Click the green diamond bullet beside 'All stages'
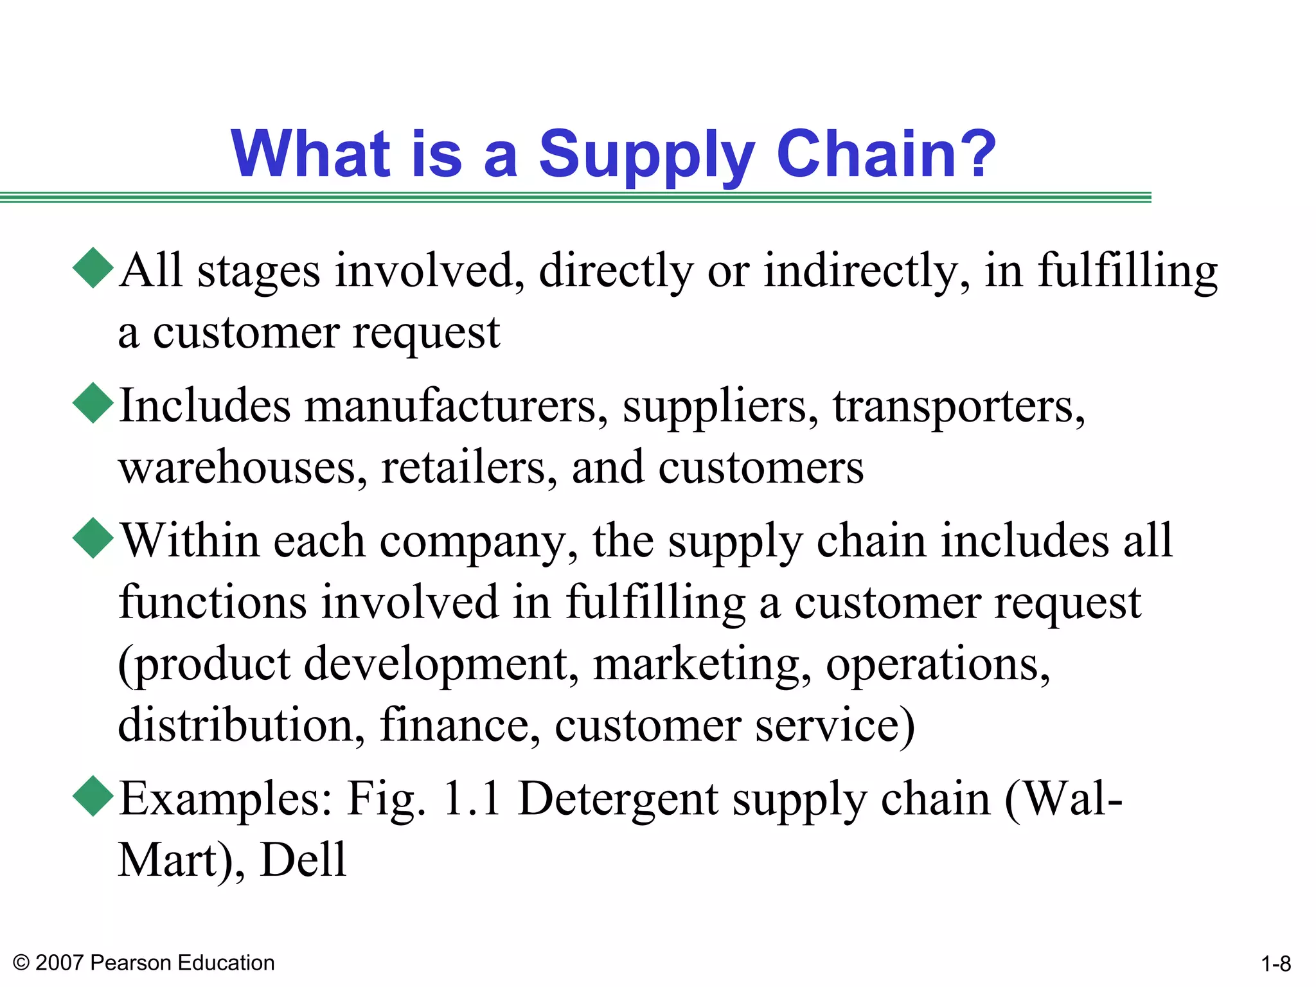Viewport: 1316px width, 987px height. click(x=94, y=268)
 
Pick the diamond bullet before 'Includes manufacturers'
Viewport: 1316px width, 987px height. click(x=94, y=403)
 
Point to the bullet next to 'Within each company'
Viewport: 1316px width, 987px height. click(x=94, y=538)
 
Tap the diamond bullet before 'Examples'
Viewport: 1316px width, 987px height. click(x=94, y=796)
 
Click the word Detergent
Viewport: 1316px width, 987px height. click(x=618, y=799)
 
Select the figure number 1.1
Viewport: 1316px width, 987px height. click(x=472, y=799)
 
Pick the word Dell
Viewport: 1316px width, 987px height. click(x=303, y=860)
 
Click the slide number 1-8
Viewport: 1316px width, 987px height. click(x=1276, y=964)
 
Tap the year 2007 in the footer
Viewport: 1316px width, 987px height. click(x=59, y=963)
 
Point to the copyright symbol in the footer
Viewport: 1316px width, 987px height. click(x=21, y=963)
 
